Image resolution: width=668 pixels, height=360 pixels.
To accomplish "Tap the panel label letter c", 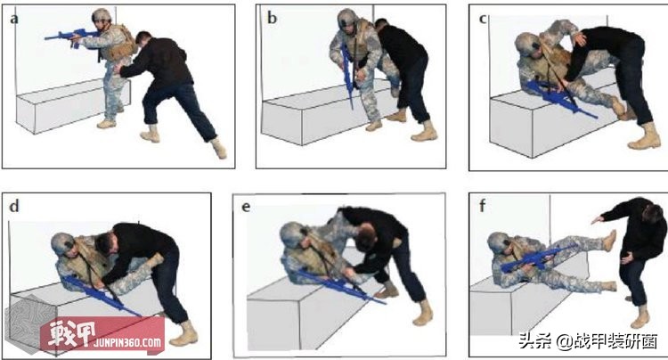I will point(482,16).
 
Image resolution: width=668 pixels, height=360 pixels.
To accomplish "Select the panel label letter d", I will point(12,207).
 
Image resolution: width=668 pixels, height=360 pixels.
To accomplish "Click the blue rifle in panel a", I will point(68,37).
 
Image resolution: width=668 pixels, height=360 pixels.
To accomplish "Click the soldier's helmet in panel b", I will point(348,19).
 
